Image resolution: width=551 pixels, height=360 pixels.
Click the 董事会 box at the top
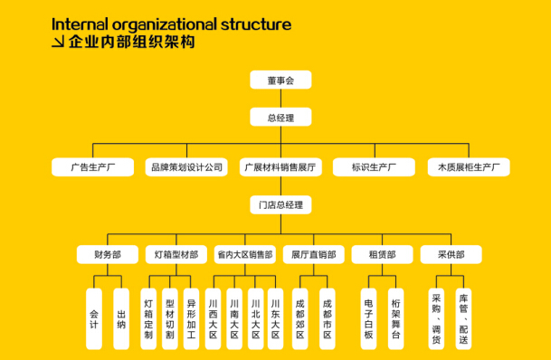click(280, 81)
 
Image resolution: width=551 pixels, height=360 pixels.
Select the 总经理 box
click(280, 118)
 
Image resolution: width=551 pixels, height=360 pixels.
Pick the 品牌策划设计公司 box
click(186, 167)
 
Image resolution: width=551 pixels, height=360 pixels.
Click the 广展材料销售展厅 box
click(280, 167)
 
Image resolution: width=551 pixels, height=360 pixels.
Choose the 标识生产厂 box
click(374, 167)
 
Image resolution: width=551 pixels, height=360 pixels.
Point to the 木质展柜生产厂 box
click(468, 167)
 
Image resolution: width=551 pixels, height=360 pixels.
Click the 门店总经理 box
click(280, 204)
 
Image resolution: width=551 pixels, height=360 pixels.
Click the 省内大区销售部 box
click(243, 255)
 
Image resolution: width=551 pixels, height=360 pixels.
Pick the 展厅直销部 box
click(314, 255)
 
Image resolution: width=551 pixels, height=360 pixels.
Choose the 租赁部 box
click(381, 255)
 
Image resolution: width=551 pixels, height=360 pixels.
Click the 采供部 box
click(450, 255)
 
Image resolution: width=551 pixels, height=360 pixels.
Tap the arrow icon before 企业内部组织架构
click(58, 43)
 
